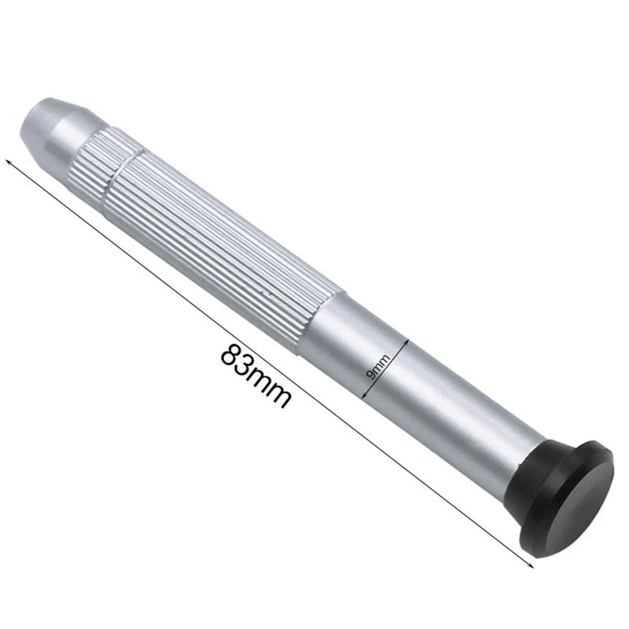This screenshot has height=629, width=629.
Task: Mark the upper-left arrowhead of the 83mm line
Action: click(x=9, y=162)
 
